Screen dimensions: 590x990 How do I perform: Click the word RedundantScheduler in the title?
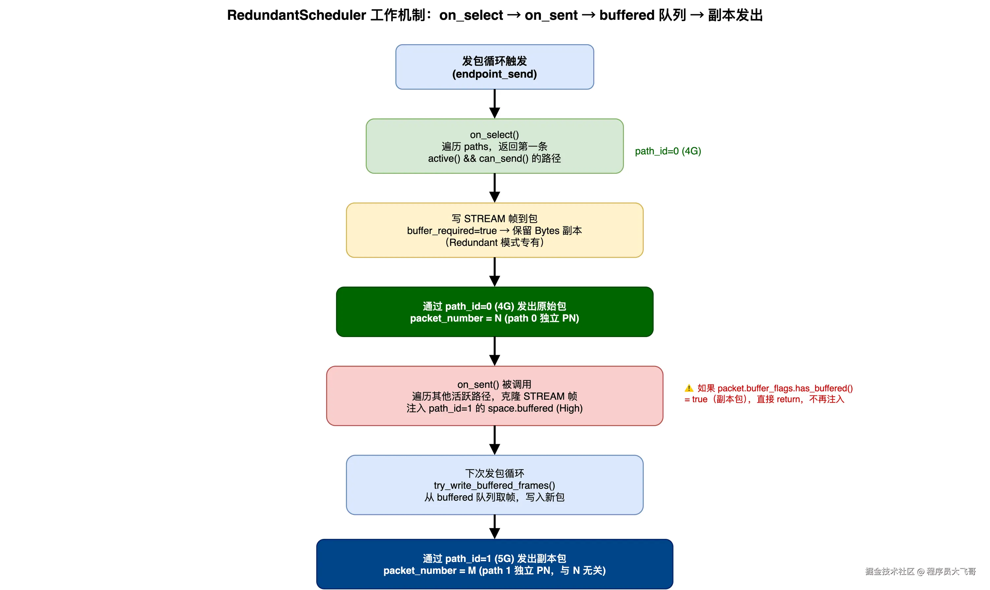[x=296, y=15]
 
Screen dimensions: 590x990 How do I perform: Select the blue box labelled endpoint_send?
[x=494, y=67]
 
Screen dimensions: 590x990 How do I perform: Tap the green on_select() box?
[x=494, y=146]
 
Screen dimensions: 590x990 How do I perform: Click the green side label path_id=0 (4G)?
[x=668, y=151]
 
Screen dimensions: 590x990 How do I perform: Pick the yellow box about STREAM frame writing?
[x=494, y=230]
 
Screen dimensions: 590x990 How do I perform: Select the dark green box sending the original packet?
[x=494, y=312]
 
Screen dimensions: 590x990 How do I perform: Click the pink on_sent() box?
[x=494, y=396]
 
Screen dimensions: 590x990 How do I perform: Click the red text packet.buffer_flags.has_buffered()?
[x=785, y=388]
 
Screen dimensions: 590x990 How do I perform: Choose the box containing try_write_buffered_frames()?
[x=494, y=485]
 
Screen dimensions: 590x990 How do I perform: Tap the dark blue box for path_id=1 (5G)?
[x=494, y=564]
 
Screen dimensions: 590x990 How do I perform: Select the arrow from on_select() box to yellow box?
[x=494, y=188]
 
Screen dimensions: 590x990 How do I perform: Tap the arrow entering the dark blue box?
[x=494, y=527]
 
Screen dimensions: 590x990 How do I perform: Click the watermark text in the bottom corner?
[x=920, y=571]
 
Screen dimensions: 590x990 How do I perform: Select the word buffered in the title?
[x=627, y=15]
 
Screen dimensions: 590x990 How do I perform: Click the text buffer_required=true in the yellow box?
[x=451, y=231]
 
